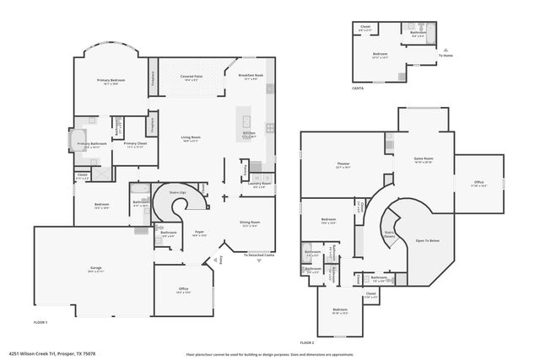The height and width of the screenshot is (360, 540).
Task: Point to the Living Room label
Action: (190, 138)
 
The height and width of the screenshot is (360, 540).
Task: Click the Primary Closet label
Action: (135, 144)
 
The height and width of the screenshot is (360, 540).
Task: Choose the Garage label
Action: (96, 269)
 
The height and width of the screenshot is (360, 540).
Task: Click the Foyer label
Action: (200, 233)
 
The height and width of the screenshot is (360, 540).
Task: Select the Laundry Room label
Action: (261, 185)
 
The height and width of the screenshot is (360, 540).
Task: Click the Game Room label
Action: (422, 159)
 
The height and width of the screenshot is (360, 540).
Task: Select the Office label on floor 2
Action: (478, 184)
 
